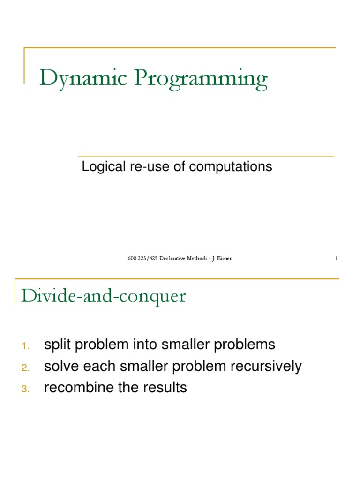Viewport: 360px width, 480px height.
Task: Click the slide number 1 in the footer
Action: click(336, 258)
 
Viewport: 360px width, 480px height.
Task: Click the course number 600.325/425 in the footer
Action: click(142, 258)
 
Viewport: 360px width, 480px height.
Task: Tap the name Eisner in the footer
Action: click(223, 258)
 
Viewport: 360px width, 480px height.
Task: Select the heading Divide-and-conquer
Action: click(104, 296)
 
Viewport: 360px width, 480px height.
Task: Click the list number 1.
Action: click(25, 346)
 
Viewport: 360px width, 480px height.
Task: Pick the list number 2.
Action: click(25, 368)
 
